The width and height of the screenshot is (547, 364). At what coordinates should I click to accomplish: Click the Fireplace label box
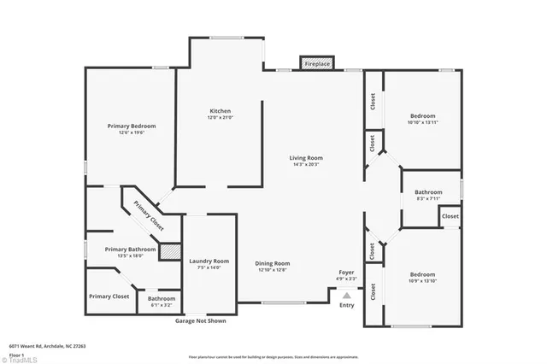tap(317, 63)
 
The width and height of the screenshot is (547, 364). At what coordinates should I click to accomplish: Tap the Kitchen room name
tap(221, 111)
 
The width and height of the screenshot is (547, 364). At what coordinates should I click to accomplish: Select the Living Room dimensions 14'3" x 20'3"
tap(304, 165)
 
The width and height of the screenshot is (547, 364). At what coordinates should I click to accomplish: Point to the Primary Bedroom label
tap(132, 126)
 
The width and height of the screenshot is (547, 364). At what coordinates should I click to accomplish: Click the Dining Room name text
tap(273, 263)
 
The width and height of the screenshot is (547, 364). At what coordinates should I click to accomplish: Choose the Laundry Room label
tap(209, 261)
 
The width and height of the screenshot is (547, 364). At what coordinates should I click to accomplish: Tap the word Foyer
tap(346, 272)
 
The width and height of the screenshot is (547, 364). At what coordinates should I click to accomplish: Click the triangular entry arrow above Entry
tap(347, 295)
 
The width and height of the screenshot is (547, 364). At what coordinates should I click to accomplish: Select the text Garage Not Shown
tap(201, 321)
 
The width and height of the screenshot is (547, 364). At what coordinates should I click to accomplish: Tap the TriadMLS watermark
tap(19, 359)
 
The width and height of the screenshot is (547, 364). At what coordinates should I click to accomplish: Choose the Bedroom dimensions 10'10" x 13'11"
tap(422, 122)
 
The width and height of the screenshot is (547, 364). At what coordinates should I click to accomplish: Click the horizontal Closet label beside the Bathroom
tap(450, 217)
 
